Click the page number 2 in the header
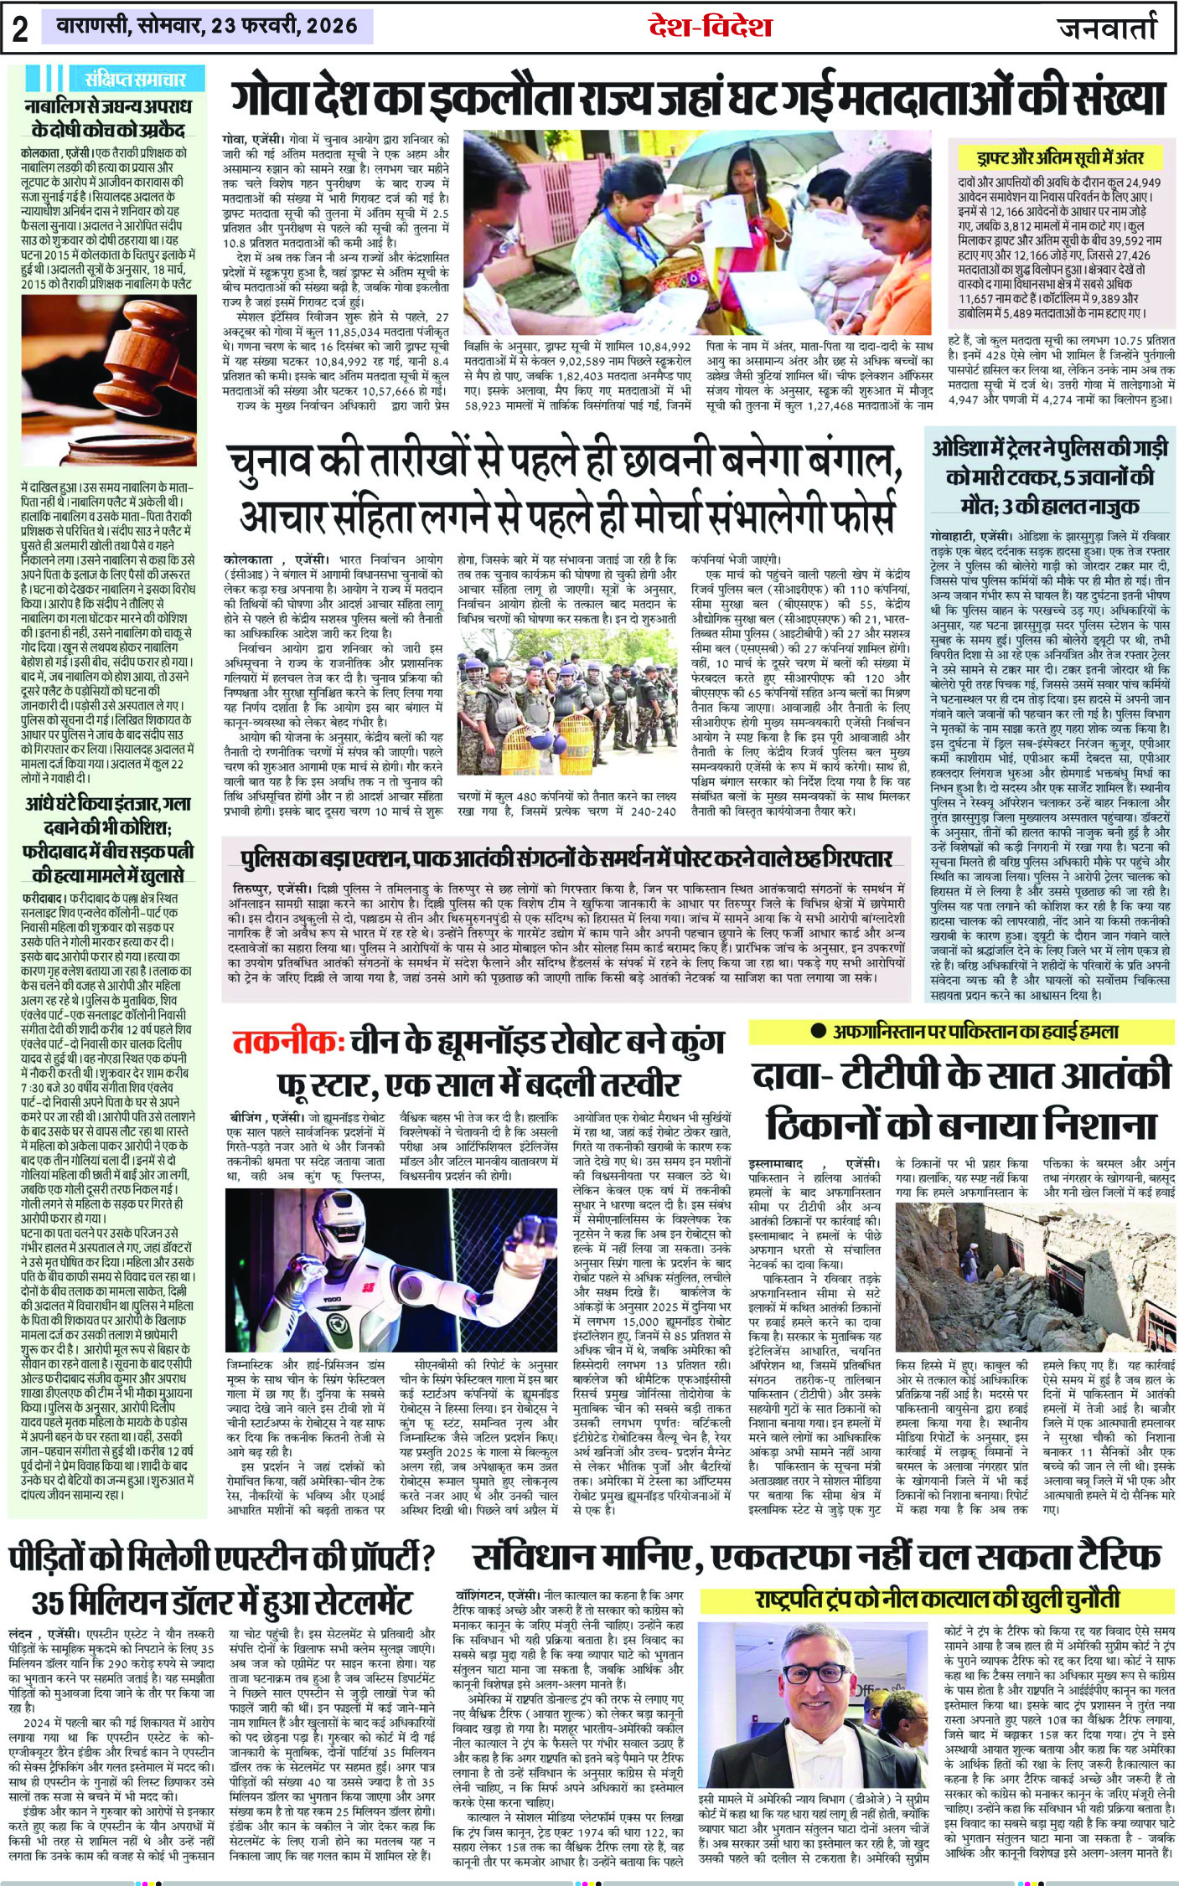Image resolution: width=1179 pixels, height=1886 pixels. (x=20, y=28)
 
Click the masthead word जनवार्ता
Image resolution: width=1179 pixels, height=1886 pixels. (x=1109, y=28)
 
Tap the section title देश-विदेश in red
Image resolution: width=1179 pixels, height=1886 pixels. (x=710, y=27)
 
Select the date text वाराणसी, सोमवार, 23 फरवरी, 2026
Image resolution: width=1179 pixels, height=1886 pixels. (x=206, y=26)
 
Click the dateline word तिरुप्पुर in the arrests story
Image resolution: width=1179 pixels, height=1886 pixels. (x=255, y=888)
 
